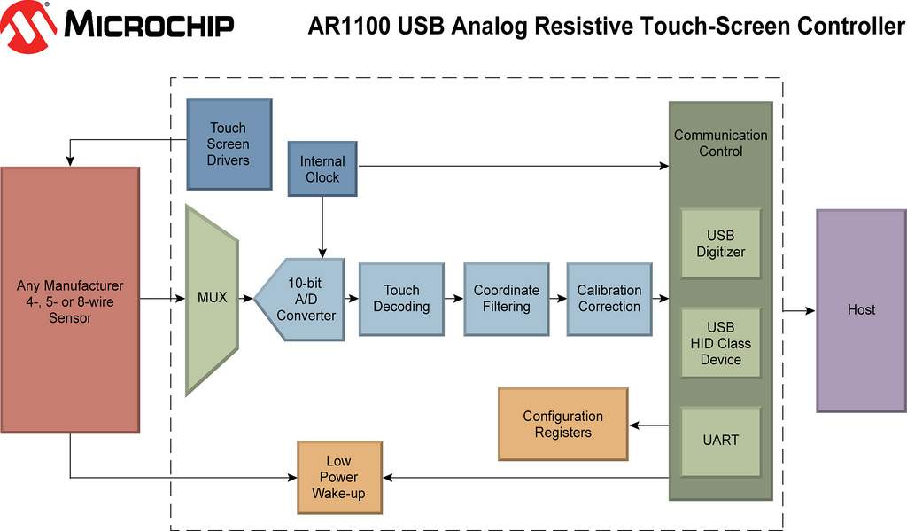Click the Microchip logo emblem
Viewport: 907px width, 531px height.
[27, 27]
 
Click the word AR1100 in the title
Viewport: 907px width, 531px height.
[349, 26]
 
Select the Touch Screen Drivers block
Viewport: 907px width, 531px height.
[229, 144]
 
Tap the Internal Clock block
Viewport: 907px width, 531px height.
[322, 168]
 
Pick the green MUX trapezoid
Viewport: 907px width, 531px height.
[212, 300]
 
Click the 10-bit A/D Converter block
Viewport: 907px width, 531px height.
[299, 300]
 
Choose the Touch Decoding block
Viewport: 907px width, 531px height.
[401, 299]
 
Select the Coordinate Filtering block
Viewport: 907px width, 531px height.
[506, 299]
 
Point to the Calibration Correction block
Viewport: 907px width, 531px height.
[609, 299]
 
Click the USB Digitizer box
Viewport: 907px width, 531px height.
[720, 244]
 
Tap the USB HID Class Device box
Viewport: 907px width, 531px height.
[720, 343]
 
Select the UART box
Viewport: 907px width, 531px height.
[720, 441]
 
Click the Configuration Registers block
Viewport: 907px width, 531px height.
[562, 424]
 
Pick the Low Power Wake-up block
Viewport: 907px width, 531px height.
[339, 477]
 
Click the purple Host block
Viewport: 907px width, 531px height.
[861, 310]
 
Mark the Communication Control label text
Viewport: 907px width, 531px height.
[720, 143]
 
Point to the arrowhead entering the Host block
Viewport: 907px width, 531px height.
[810, 311]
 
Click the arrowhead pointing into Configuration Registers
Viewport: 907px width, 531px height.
[634, 426]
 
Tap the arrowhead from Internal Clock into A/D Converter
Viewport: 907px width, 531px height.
[322, 253]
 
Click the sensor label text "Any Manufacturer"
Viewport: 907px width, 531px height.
[69, 286]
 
